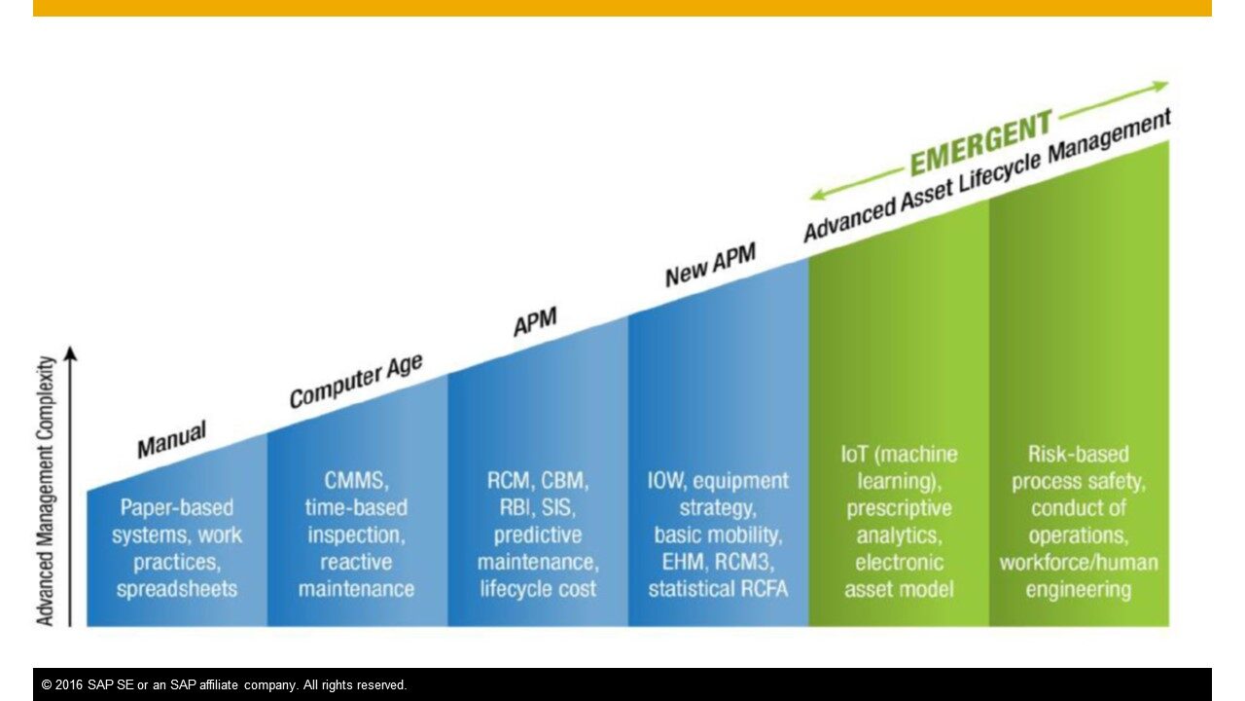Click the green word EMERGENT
[982, 142]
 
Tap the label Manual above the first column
[172, 439]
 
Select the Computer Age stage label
[356, 381]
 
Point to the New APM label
[711, 265]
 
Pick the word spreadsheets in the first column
[177, 589]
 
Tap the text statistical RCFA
[718, 589]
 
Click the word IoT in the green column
[854, 454]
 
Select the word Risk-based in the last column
[1079, 454]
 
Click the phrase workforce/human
[1079, 563]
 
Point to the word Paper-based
[177, 507]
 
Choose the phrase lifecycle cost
[538, 589]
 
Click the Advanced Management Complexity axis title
[46, 491]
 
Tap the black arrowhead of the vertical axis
[71, 353]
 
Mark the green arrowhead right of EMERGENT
[1160, 87]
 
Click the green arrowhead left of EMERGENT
[819, 194]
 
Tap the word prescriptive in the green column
[899, 508]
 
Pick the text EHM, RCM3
[718, 562]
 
